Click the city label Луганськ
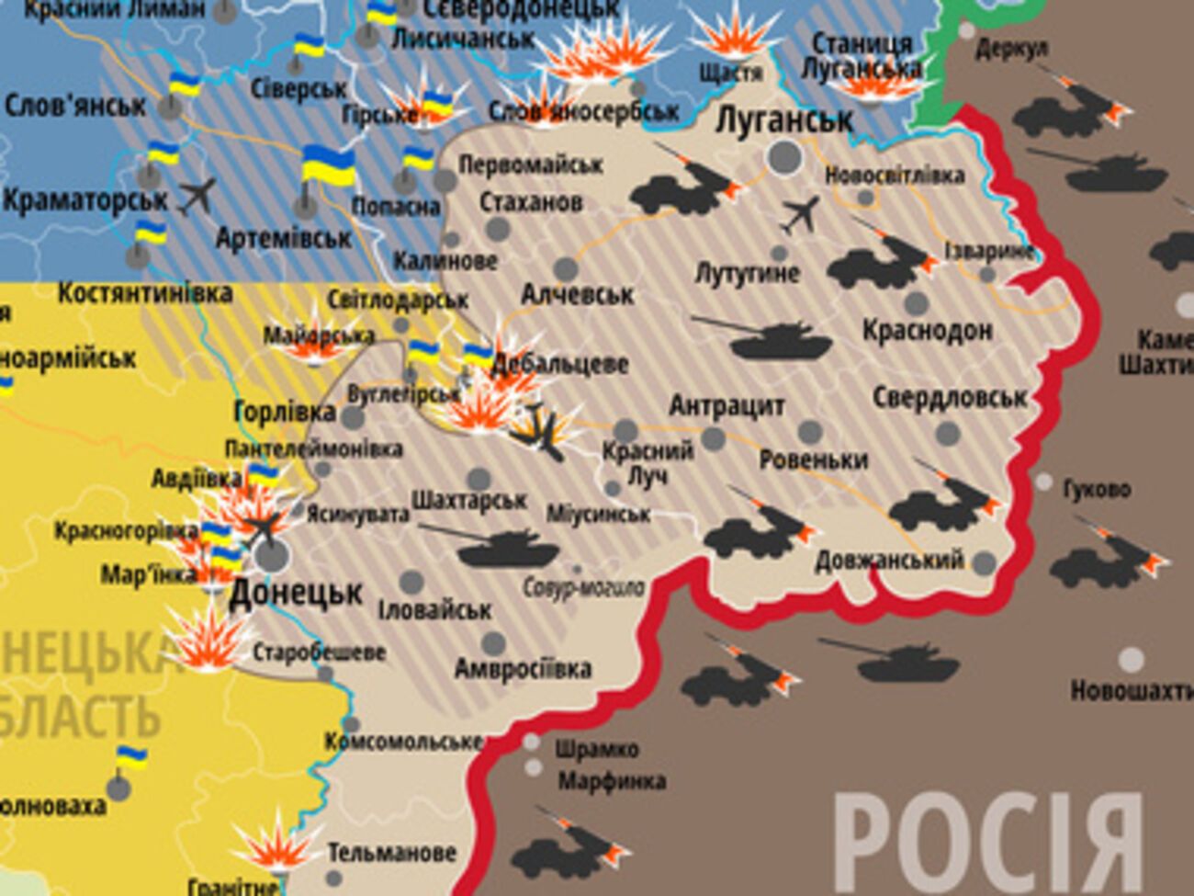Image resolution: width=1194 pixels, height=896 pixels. pos(783,119)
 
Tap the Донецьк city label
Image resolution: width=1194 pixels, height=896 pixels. pos(296,593)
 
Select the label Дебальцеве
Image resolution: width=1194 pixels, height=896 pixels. pos(560,364)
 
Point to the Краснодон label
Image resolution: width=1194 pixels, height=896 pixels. pos(927,330)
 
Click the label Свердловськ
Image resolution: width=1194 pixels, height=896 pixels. pos(949,397)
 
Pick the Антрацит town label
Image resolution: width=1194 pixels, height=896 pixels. pos(727,405)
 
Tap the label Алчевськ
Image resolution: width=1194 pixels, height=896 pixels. pos(577,295)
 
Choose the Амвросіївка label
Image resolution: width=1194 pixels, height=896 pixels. pos(523,668)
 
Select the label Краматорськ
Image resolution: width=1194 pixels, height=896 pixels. pos(85,199)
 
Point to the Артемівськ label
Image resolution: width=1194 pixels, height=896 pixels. pos(283,238)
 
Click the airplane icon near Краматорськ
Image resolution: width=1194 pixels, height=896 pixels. pos(197,196)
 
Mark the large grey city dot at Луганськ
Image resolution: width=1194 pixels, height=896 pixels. pos(783,158)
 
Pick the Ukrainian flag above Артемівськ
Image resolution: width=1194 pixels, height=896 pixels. pos(328,165)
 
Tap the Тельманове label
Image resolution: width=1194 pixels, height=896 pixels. pos(391,853)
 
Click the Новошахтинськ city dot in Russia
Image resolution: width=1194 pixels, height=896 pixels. pos(1132,660)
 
